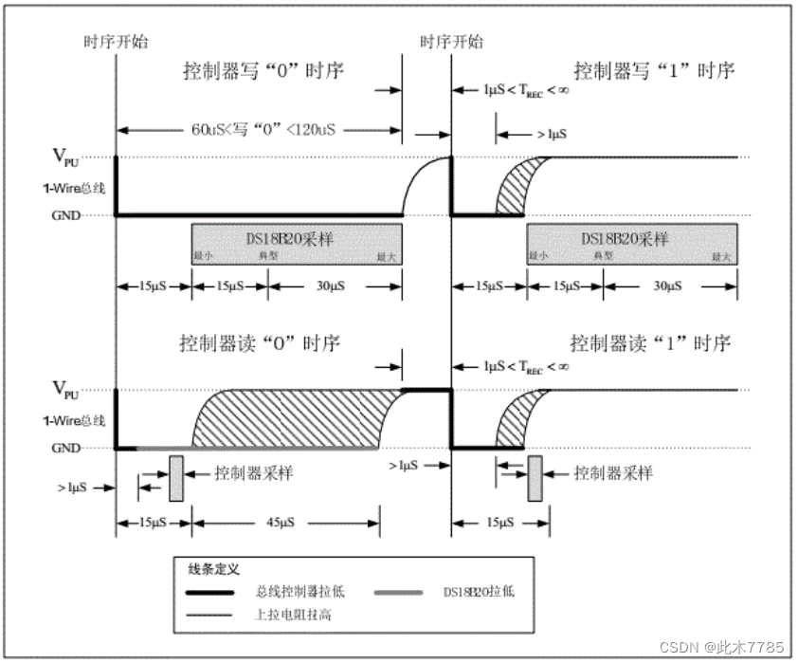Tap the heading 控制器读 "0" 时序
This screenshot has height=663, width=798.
[260, 343]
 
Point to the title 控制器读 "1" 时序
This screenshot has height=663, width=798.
[651, 343]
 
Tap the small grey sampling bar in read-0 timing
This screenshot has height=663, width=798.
[176, 478]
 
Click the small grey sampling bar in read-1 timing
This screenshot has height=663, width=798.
[535, 478]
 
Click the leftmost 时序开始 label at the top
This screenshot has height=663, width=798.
[116, 41]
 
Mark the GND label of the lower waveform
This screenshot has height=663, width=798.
[66, 448]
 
